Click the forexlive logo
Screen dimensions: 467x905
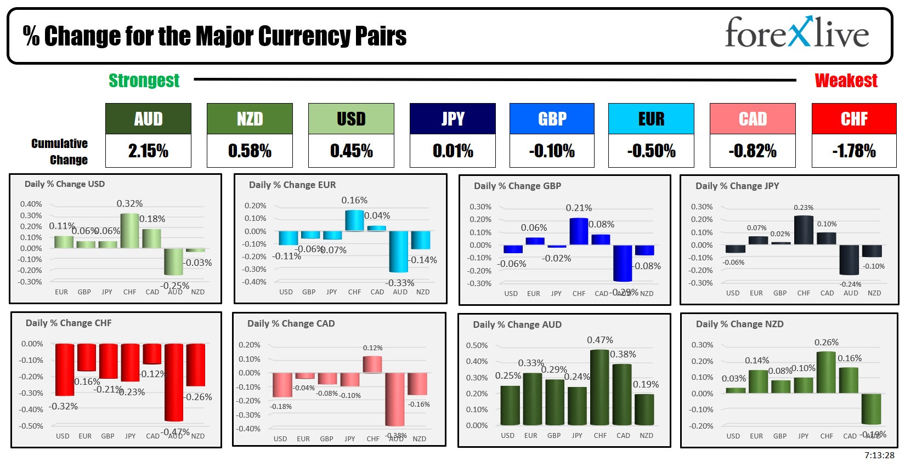[x=796, y=33]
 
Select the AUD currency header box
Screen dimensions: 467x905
[x=148, y=119]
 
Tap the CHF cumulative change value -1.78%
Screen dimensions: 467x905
[x=853, y=151]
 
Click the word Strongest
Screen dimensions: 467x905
[x=144, y=81]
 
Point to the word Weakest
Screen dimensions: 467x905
[x=846, y=81]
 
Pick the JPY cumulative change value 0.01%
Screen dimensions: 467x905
[x=452, y=151]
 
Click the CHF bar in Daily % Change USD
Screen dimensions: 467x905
[x=129, y=231]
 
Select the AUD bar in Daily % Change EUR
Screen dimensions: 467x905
[x=399, y=252]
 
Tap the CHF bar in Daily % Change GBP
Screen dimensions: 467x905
[x=579, y=231]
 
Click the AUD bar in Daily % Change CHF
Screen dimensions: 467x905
[x=174, y=382]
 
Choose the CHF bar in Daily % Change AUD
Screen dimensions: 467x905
[x=599, y=388]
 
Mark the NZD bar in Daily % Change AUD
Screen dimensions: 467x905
[x=644, y=409]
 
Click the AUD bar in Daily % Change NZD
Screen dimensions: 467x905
[x=871, y=409]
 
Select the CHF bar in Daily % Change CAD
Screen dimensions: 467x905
[x=372, y=365]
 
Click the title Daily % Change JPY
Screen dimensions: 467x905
[x=737, y=186]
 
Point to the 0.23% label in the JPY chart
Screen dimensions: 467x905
[x=804, y=208]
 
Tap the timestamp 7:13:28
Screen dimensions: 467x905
[x=879, y=455]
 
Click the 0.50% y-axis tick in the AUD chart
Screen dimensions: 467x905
[x=477, y=345]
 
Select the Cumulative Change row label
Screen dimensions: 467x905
[x=60, y=152]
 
